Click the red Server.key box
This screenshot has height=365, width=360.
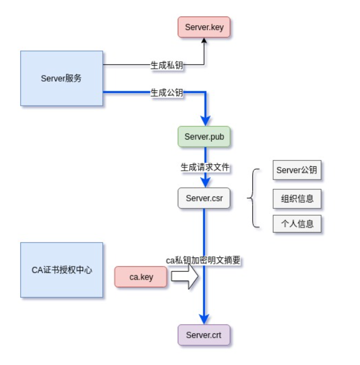coord(204,27)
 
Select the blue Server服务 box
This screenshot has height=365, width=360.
coord(61,78)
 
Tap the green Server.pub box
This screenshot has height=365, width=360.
coord(204,137)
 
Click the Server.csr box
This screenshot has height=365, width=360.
coord(204,198)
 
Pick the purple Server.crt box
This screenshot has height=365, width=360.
coord(204,335)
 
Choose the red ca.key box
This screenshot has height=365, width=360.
coord(141,277)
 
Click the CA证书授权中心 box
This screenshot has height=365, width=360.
coord(61,270)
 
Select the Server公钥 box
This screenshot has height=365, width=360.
coord(297,170)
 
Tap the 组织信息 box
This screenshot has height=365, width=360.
coord(297,198)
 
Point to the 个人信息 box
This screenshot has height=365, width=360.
coord(297,224)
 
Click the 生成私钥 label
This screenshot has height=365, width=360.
coord(167,65)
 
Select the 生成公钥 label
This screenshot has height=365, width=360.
coord(167,92)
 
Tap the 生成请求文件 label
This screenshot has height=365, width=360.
coord(205,167)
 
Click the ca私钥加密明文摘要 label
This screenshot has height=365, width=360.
coord(203,260)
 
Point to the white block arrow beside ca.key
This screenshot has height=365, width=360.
coord(184,277)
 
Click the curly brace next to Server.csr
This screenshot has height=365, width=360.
coord(253,198)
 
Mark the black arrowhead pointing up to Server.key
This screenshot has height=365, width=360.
coord(204,42)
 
